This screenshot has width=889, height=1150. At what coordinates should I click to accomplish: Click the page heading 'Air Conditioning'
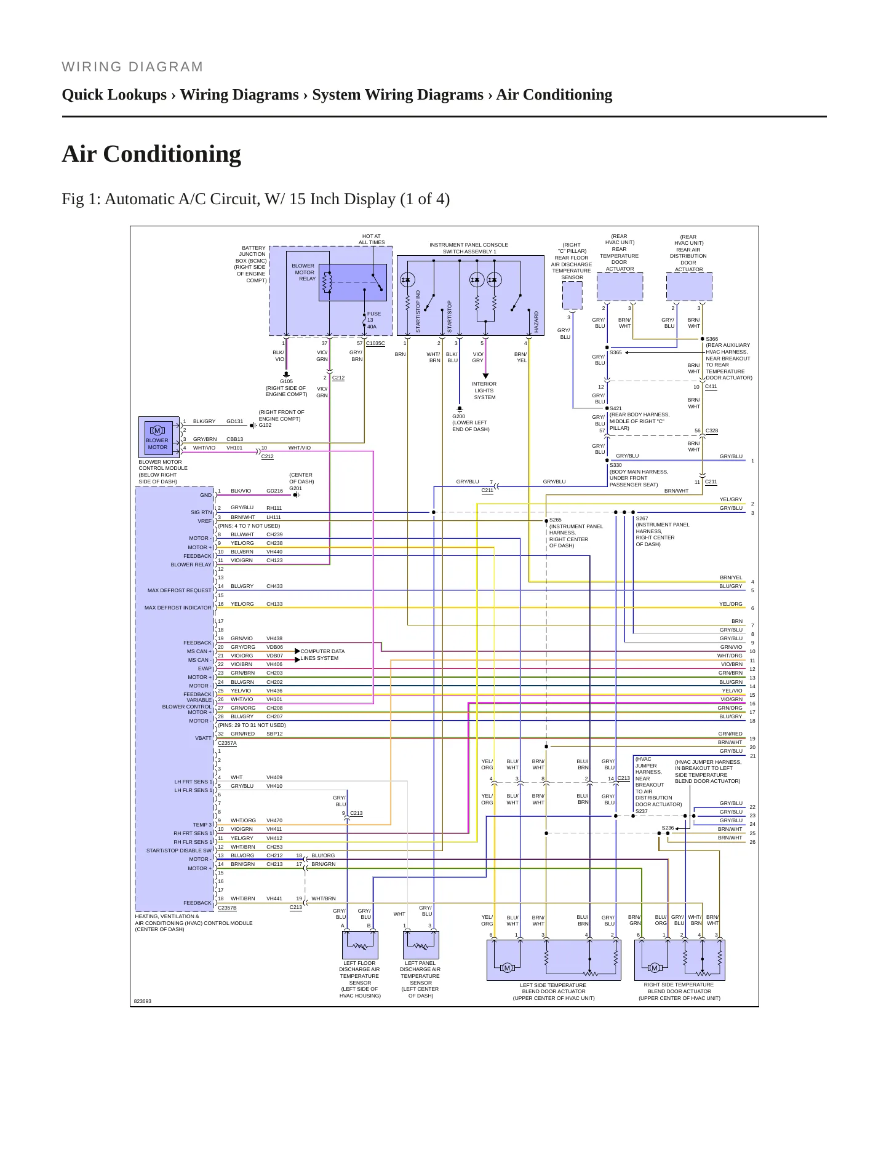click(x=151, y=154)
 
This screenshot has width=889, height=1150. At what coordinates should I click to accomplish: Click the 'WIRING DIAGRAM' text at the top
click(x=132, y=67)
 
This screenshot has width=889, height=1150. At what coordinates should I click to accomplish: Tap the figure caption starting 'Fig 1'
click(x=255, y=199)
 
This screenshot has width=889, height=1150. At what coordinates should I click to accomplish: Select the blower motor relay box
click(x=353, y=282)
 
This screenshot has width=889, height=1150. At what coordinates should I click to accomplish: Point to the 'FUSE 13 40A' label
click(x=374, y=320)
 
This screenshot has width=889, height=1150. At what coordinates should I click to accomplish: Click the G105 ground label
click(x=286, y=381)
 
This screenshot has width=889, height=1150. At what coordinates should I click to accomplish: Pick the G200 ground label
click(x=458, y=416)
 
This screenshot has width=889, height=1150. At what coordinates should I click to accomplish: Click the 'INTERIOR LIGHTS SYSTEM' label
click(x=484, y=391)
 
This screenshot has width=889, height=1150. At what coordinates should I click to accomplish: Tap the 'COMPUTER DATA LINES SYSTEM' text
click(x=322, y=655)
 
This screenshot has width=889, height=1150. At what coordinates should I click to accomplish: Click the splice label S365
click(x=616, y=352)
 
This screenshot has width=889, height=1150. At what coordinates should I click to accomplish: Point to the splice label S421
click(x=616, y=408)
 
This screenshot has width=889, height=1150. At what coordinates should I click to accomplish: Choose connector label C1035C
click(x=375, y=343)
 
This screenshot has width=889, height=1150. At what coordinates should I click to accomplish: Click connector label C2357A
click(x=227, y=743)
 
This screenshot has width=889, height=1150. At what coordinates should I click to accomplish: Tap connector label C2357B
click(x=227, y=907)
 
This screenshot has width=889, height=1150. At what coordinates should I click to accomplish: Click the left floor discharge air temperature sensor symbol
click(x=360, y=945)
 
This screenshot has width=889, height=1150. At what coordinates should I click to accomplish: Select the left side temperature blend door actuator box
click(x=554, y=960)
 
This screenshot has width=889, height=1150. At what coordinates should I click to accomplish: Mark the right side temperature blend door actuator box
click(x=680, y=960)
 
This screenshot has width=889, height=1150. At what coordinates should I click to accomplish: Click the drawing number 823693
click(x=142, y=1001)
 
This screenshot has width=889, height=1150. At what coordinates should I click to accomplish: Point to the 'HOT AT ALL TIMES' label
click(x=372, y=239)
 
